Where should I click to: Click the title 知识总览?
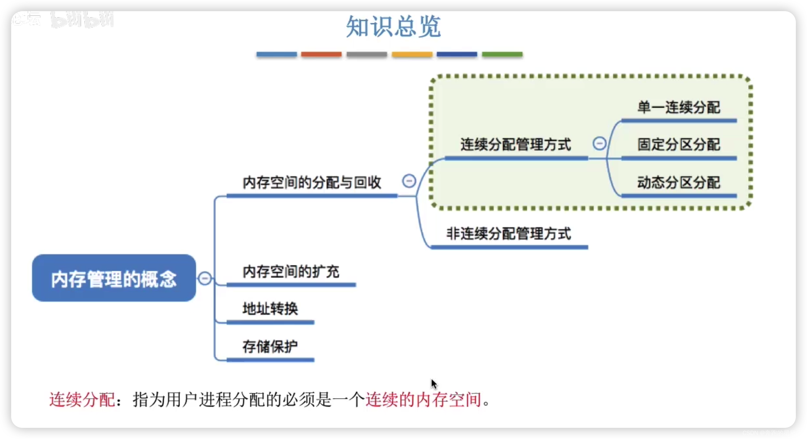click(394, 26)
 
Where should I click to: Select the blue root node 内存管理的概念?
click(114, 278)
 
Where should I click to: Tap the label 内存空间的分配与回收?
click(312, 182)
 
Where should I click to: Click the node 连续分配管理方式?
click(515, 144)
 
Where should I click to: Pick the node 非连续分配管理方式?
click(508, 234)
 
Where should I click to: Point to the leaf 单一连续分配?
click(678, 107)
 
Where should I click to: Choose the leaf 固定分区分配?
click(678, 144)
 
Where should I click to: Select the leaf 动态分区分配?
click(678, 182)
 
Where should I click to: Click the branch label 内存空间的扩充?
click(291, 271)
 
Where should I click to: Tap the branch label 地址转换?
click(270, 309)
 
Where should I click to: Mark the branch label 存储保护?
click(270, 346)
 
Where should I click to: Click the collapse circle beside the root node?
click(205, 278)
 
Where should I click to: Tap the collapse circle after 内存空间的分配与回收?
click(409, 181)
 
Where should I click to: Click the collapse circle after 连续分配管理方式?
click(599, 144)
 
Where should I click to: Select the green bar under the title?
click(502, 54)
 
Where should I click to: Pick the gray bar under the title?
click(367, 54)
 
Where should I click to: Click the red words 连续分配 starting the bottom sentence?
click(82, 400)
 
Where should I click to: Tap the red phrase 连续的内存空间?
click(423, 400)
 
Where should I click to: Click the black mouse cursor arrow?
click(434, 384)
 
